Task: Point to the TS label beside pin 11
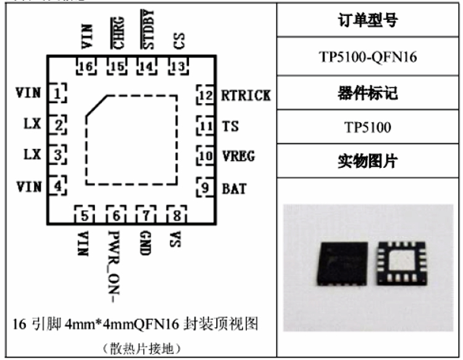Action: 230,126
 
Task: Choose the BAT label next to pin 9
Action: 234,188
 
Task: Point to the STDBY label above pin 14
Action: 148,30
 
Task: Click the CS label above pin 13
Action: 178,41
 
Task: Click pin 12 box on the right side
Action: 204,95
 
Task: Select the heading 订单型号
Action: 368,20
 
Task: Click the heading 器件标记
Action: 368,93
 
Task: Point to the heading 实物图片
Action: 368,162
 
